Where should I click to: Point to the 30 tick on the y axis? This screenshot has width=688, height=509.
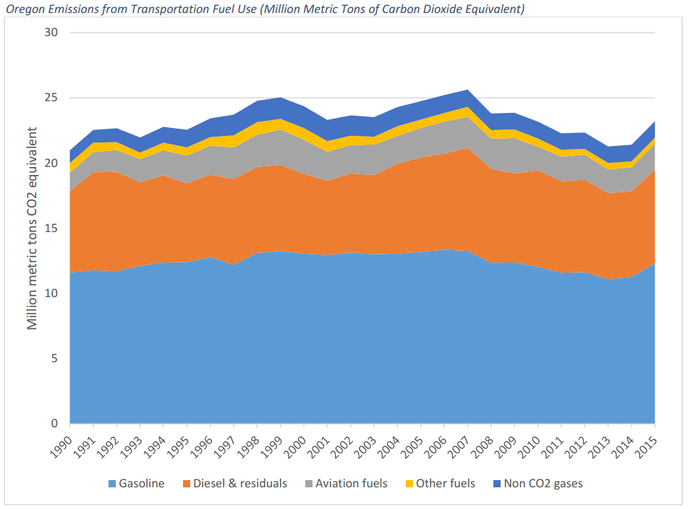coord(51,33)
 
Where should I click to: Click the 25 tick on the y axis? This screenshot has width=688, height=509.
coord(51,98)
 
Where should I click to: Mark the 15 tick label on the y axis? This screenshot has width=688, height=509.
coord(51,228)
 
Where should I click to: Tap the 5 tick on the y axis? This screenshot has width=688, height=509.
coord(54,359)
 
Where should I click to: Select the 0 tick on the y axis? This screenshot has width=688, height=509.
coord(54,424)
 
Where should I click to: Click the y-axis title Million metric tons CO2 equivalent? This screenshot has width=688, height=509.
coord(33,228)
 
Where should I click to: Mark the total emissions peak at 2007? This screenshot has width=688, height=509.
coord(468,90)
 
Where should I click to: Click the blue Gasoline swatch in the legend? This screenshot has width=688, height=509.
coord(112,483)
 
